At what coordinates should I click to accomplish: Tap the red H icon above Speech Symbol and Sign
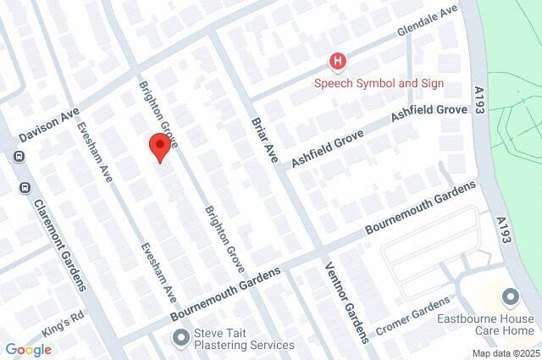(338, 61)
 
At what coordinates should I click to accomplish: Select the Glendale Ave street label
(429, 21)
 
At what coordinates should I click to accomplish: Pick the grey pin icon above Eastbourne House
(509, 297)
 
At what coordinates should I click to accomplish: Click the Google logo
(28, 349)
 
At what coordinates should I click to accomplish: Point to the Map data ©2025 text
(505, 353)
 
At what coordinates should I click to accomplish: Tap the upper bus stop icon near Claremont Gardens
(19, 156)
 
